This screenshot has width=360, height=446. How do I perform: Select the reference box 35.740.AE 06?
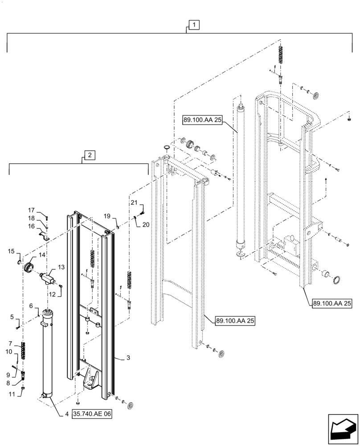[91, 414]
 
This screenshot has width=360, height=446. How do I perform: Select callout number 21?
[134, 203]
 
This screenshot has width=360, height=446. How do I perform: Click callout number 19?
[107, 216]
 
